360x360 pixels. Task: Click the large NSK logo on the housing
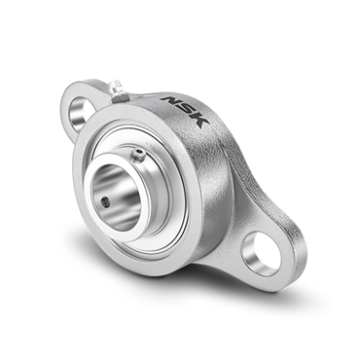(185, 111)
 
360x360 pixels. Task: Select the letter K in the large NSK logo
(199, 121)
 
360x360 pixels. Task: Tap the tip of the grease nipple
(113, 85)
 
